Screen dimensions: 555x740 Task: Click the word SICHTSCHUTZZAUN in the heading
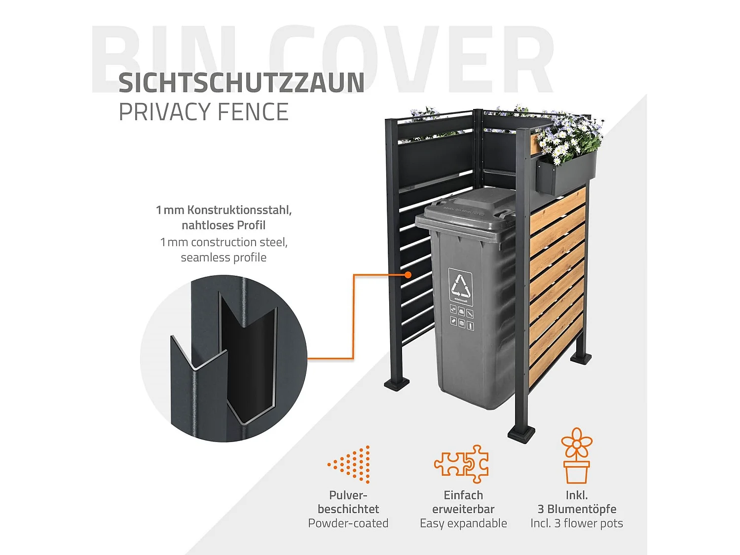coord(241,83)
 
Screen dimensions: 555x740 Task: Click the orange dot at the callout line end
coord(408,275)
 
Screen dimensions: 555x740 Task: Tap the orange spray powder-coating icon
coord(350,464)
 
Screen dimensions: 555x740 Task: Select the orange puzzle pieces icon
coord(462,464)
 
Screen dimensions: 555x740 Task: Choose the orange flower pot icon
coord(576,456)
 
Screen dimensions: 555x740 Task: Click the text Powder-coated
coord(348,523)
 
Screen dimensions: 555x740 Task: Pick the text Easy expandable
coord(463,523)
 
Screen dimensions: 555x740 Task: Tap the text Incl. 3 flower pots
coord(576,523)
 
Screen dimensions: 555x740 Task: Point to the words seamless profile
coord(223,258)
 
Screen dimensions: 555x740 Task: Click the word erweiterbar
coord(463,509)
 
